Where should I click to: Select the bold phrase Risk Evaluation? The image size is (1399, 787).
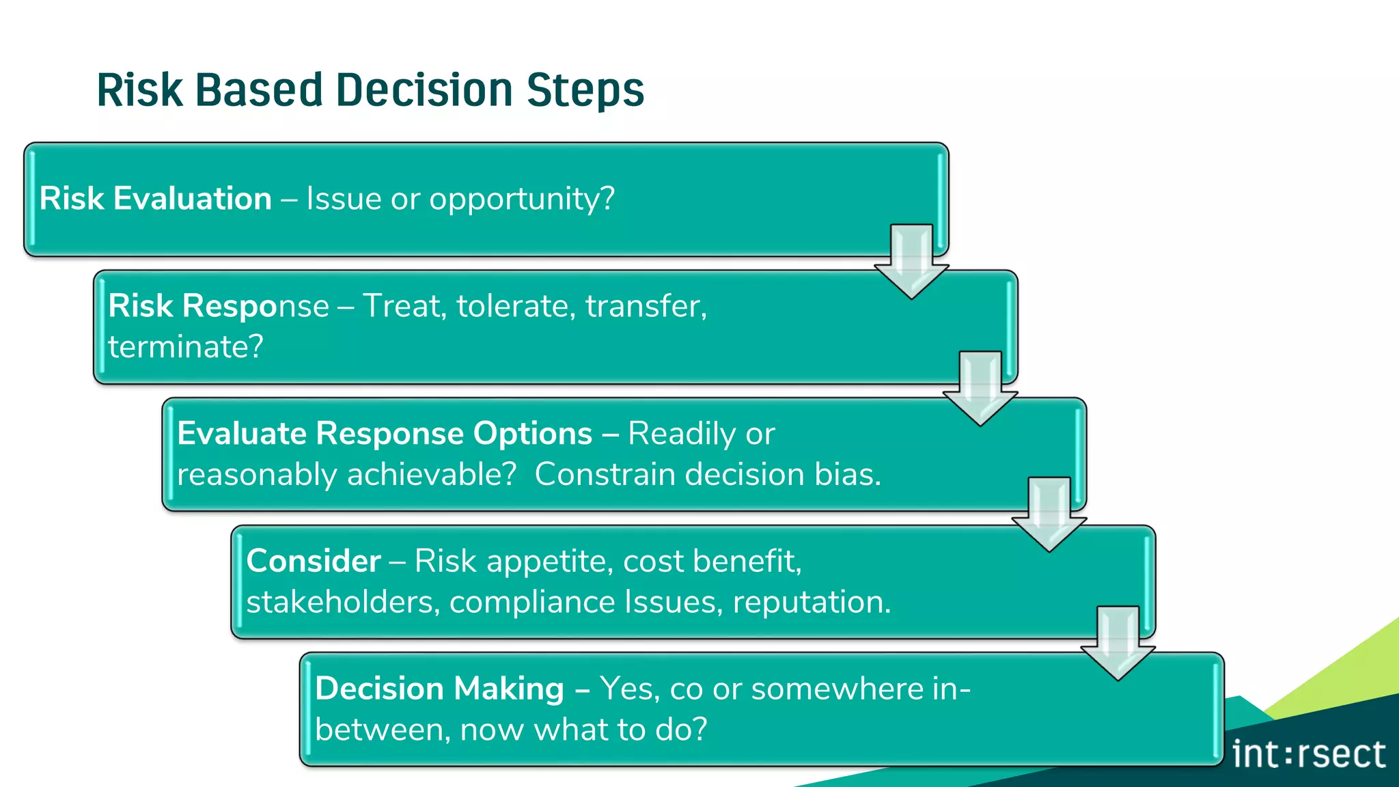click(156, 199)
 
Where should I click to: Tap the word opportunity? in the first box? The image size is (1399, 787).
click(522, 199)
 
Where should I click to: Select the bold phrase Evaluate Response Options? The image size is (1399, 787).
click(385, 434)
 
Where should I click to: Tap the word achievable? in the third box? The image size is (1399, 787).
click(432, 475)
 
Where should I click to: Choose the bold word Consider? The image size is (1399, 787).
click(314, 562)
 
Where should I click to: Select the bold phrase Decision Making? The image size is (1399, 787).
click(440, 689)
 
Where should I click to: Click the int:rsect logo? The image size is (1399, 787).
click(1308, 755)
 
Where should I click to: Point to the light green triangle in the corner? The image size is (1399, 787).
click(1349, 676)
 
